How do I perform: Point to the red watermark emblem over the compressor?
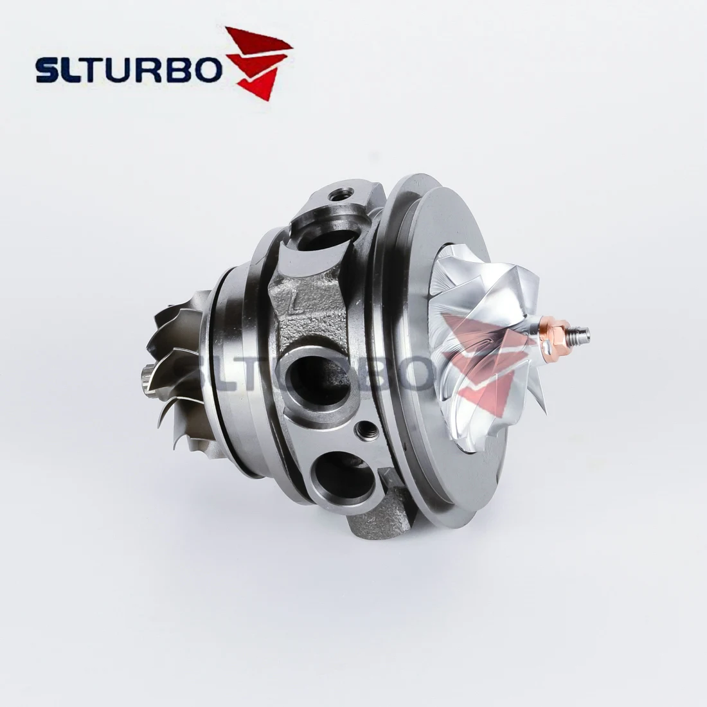coord(482,360)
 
